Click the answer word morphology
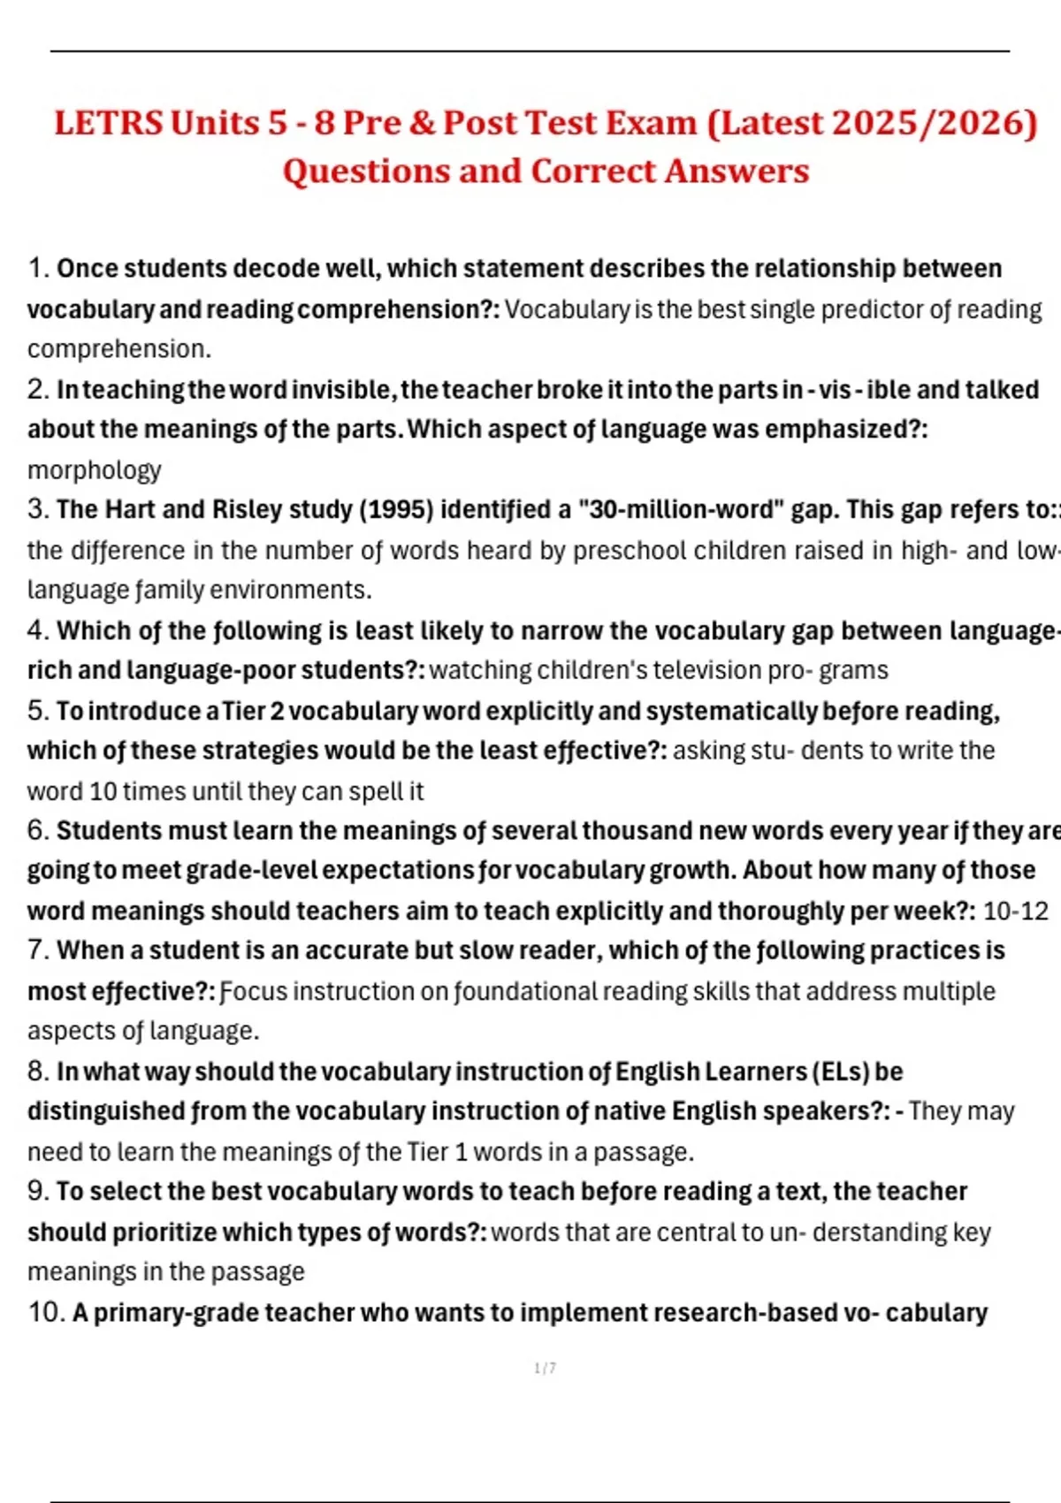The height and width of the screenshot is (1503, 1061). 95,469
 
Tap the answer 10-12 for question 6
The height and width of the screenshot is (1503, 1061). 1016,911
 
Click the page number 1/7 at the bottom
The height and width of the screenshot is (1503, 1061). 546,1369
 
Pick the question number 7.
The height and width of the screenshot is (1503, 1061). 38,950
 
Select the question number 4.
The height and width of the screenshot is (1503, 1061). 38,630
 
